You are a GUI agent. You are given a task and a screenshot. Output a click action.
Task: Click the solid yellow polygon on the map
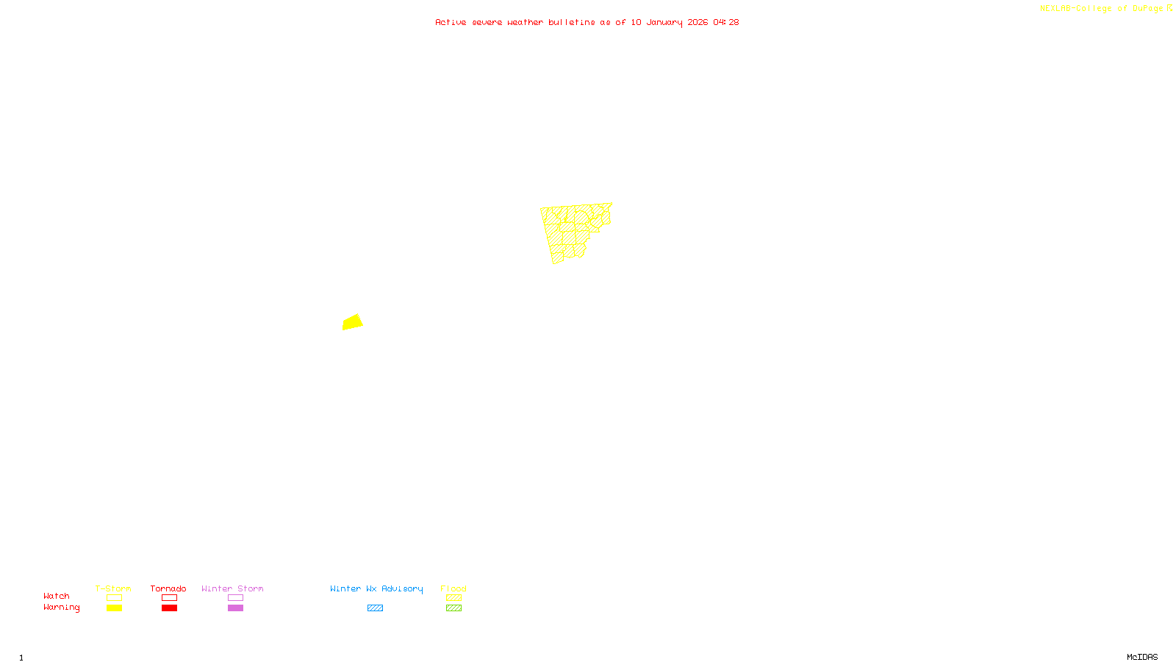tap(353, 322)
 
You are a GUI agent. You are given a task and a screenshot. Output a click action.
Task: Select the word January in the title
tap(664, 22)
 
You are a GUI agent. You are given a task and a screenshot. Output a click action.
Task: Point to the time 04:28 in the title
tap(726, 22)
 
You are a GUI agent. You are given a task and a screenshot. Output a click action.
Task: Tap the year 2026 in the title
tap(698, 22)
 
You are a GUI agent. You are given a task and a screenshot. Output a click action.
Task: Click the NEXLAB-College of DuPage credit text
tap(1101, 8)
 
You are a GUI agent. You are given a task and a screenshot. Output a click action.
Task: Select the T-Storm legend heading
tap(113, 588)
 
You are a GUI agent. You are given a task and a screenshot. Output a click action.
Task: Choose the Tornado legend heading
tap(168, 588)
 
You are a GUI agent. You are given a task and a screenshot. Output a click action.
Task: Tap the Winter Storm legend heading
tap(232, 588)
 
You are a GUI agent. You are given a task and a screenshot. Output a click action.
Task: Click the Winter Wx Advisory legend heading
tap(376, 588)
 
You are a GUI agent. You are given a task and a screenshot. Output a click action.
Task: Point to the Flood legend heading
tap(453, 588)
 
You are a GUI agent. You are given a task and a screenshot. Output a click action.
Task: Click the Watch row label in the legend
tap(57, 596)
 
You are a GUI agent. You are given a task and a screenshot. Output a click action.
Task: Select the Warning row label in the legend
tap(61, 608)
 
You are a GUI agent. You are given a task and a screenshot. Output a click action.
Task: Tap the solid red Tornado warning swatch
tap(169, 608)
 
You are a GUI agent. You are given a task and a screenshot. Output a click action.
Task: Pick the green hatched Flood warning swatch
tap(453, 608)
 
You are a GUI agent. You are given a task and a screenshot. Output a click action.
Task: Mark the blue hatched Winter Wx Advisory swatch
tap(375, 608)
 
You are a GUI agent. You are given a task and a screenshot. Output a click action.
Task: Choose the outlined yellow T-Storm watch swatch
tap(114, 598)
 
